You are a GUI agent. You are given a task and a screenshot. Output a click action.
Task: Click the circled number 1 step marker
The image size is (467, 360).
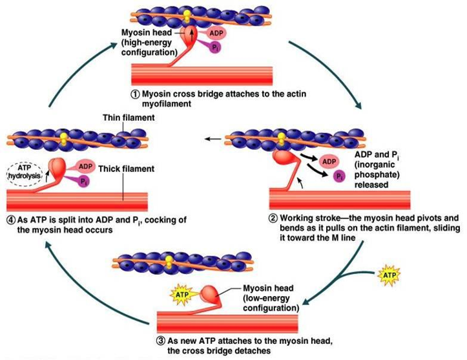[x=135, y=93]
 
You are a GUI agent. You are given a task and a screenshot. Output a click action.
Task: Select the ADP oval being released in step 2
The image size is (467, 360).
[x=328, y=160]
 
